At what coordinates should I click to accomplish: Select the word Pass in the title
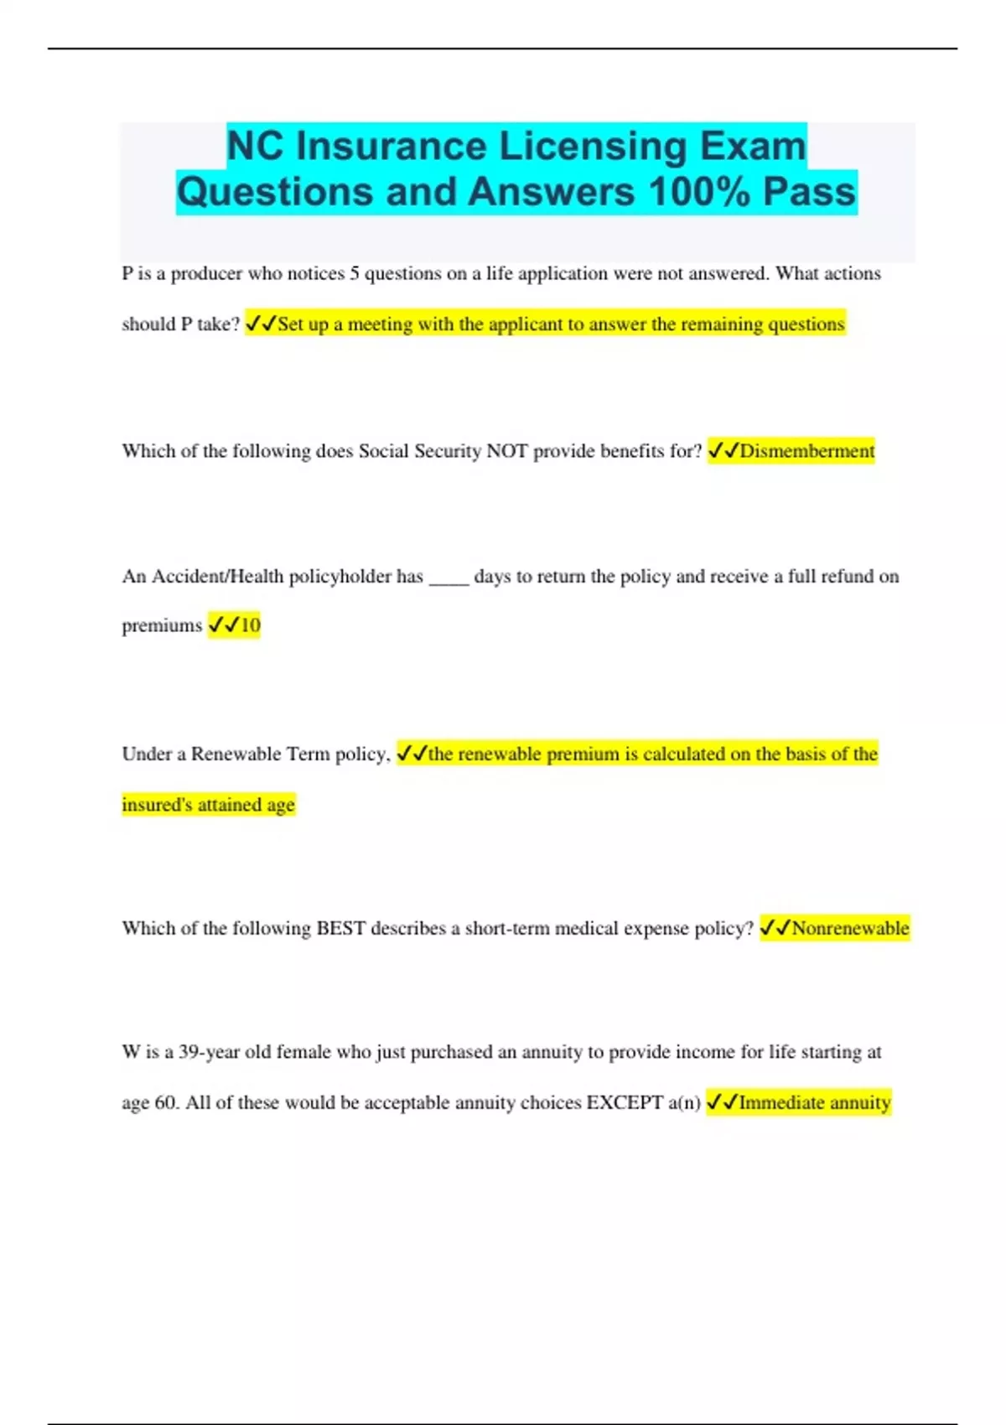809,192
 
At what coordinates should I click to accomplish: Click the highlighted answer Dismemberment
806,451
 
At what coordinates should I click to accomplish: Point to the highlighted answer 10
251,625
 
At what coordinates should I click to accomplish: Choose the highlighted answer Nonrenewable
850,929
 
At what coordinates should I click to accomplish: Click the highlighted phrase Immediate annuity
814,1103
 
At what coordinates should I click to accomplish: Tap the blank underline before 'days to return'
449,578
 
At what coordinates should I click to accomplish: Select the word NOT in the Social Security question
506,451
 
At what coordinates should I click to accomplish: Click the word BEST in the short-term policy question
340,929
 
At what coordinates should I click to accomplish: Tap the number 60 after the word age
167,1103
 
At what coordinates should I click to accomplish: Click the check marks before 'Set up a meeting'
261,324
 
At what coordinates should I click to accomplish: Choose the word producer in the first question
206,274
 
